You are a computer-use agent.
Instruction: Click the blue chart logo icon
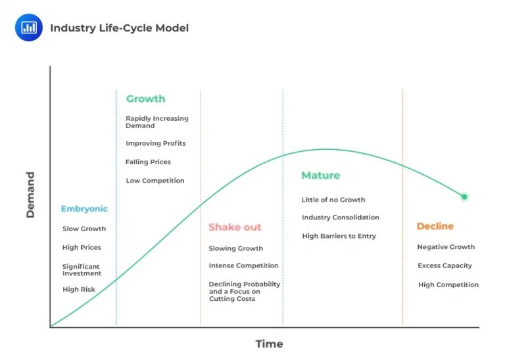point(28,28)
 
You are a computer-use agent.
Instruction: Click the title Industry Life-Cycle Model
point(119,28)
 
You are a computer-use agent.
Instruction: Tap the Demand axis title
point(30,194)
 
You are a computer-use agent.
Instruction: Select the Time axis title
point(269,344)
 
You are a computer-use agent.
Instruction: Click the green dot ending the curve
point(464,196)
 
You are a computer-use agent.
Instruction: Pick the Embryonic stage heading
point(84,209)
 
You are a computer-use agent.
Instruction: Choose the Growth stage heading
point(145,99)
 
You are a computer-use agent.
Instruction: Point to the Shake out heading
point(235,227)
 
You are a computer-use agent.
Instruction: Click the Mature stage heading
point(320,175)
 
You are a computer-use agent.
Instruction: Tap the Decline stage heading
point(435,226)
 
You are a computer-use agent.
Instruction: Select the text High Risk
point(79,289)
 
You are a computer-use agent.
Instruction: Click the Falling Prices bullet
point(148,162)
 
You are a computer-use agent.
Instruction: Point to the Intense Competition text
point(243,265)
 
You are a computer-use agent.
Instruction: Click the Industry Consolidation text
point(340,217)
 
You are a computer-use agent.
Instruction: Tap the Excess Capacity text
point(445,265)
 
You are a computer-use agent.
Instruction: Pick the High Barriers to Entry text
point(339,236)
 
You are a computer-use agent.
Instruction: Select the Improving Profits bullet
point(155,143)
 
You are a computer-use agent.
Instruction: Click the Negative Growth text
point(446,247)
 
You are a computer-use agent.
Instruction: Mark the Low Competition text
point(155,181)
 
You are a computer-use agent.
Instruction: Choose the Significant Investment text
point(82,270)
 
